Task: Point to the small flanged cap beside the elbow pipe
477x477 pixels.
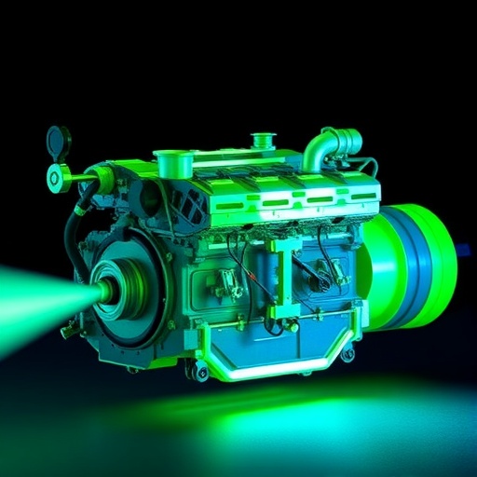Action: (x=260, y=142)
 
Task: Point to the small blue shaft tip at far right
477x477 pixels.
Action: (x=463, y=250)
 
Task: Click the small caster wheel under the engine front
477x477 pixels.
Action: (x=200, y=372)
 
